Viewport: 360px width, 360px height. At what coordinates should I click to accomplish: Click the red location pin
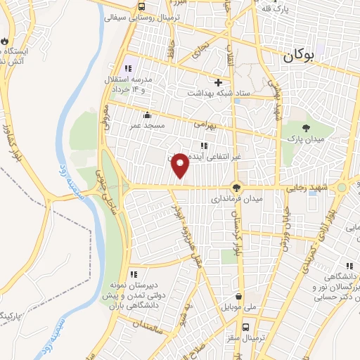(181, 165)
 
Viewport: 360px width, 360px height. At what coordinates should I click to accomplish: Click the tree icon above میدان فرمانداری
(236, 188)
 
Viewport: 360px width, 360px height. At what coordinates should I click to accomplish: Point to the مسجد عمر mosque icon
(146, 115)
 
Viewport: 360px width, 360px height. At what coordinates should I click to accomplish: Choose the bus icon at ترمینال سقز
(246, 327)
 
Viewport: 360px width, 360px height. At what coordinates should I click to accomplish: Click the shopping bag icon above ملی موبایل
(240, 296)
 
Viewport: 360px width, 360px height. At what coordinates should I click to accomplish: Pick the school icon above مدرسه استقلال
(128, 68)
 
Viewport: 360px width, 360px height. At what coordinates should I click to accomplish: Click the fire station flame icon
(6, 41)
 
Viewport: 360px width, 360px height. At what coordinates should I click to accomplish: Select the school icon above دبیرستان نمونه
(133, 275)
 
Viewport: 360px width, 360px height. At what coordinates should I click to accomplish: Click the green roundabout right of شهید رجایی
(342, 188)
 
